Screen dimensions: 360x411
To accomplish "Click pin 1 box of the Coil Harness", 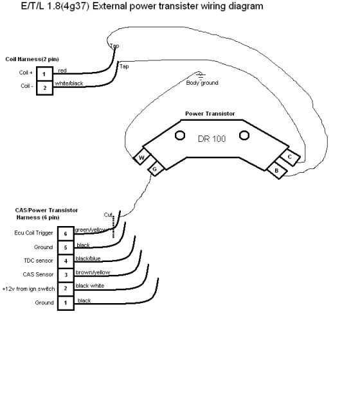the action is click(x=44, y=74).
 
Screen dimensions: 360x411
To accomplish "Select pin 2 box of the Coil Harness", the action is click(x=44, y=88).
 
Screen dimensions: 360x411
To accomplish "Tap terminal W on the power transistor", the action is click(x=141, y=157).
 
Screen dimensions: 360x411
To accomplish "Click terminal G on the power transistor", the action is click(x=156, y=168).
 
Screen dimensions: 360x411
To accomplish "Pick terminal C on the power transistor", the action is click(x=290, y=157).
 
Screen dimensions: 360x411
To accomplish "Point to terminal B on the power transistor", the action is click(x=276, y=170).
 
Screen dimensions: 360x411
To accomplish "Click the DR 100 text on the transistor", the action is click(x=212, y=139).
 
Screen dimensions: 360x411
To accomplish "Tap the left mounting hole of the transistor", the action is click(x=180, y=136).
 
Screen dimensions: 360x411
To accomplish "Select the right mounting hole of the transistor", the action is click(x=244, y=136).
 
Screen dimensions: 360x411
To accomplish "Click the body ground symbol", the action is click(x=201, y=75).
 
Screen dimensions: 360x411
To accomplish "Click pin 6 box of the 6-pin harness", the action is click(x=66, y=234).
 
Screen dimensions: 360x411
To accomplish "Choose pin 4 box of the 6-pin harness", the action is click(x=66, y=261).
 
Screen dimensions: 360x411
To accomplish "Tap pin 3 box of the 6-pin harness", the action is click(x=66, y=275).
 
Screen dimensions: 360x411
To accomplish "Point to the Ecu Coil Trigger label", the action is click(x=33, y=233).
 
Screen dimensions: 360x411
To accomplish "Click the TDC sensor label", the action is click(x=39, y=261).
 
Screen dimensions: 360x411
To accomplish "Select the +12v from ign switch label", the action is click(x=28, y=289).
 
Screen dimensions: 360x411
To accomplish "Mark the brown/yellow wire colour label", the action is click(x=93, y=272).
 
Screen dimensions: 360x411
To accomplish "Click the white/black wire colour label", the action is click(x=69, y=83).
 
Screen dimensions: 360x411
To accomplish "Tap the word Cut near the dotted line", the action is click(x=108, y=215).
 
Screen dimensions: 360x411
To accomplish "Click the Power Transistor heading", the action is click(x=210, y=114).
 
